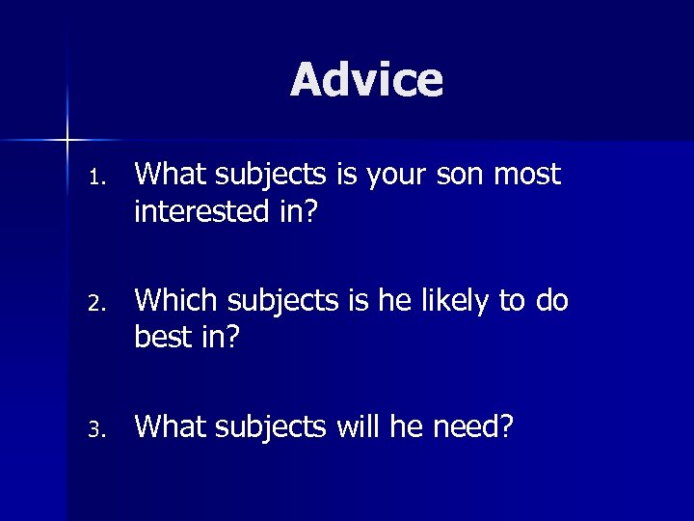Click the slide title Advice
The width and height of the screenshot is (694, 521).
366,80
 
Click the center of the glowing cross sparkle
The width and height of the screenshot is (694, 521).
67,141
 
